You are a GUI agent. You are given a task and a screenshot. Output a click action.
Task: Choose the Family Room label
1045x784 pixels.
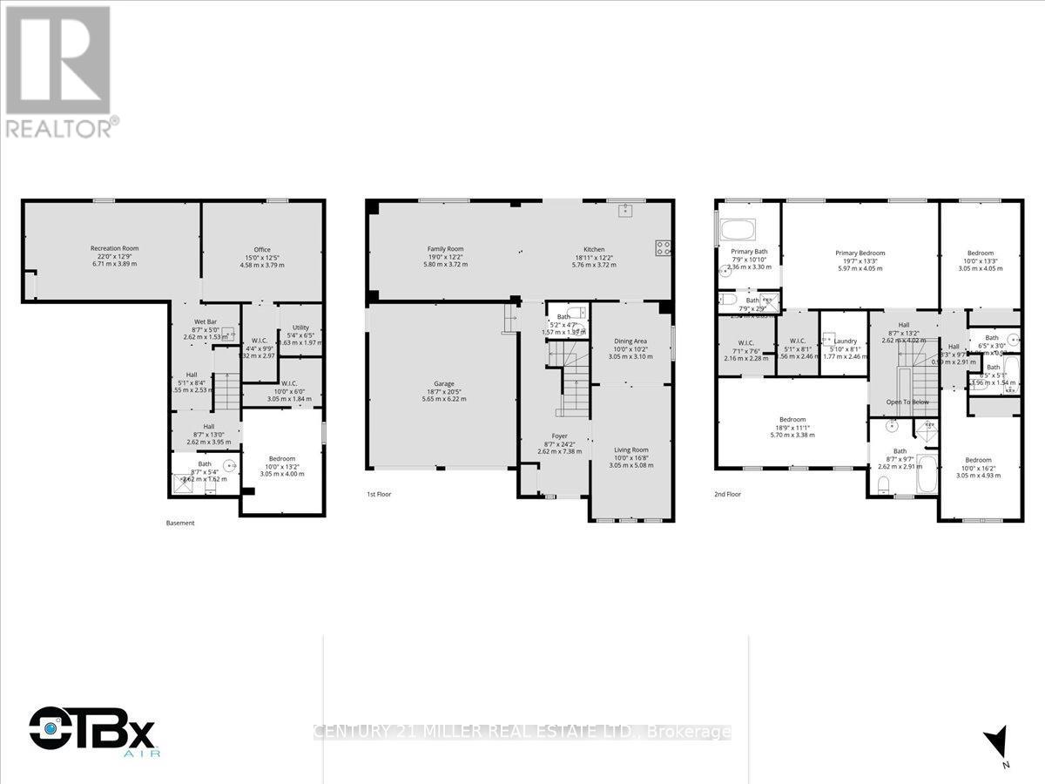(x=444, y=249)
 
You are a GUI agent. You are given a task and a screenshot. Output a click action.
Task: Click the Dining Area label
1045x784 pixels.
(x=630, y=341)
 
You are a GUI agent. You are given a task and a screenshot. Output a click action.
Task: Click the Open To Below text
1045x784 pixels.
(x=907, y=402)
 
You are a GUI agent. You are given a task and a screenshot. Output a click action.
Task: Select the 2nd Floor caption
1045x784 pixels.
(x=727, y=494)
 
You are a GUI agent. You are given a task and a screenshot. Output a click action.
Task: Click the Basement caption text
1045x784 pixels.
(x=180, y=523)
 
